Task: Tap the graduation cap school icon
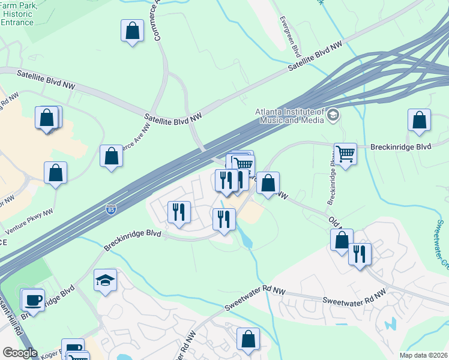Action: [105, 281]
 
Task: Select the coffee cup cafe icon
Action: [32, 299]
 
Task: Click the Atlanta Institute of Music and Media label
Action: [290, 116]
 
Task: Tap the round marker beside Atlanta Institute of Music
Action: [333, 115]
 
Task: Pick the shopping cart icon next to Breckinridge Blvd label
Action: [345, 154]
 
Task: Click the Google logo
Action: [19, 353]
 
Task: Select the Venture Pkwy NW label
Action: [29, 222]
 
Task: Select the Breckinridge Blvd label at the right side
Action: [400, 146]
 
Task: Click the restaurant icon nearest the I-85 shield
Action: [179, 212]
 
